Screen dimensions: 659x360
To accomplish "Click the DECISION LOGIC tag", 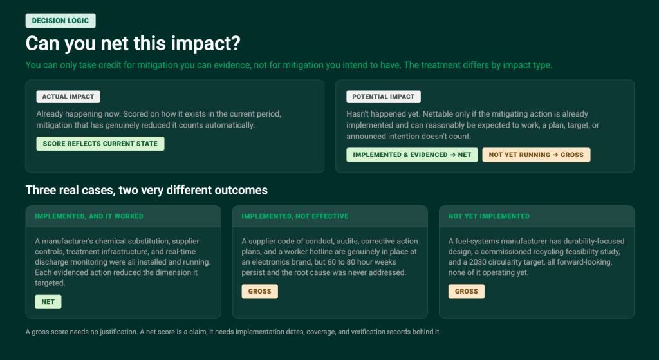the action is (x=60, y=21).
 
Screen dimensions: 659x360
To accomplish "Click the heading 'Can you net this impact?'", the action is (x=133, y=43).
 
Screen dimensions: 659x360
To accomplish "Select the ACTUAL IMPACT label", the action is (x=68, y=97).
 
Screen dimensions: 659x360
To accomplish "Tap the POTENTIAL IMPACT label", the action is (x=384, y=97).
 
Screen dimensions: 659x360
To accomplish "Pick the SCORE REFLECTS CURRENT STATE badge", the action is (x=100, y=144).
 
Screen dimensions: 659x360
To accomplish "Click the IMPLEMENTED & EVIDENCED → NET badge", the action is (x=412, y=155).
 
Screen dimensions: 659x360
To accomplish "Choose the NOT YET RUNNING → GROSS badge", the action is (x=536, y=155).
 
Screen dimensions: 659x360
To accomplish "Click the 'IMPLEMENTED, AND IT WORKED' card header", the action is (x=89, y=216).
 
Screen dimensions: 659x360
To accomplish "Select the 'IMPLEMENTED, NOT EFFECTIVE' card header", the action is (x=295, y=216).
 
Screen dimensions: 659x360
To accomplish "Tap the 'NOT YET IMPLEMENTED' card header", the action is (x=489, y=216).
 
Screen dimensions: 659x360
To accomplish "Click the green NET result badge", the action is (x=48, y=301).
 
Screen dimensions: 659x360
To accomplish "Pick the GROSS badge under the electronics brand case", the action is (x=260, y=292).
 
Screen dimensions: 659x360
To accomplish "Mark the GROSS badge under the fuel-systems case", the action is (x=467, y=292).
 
